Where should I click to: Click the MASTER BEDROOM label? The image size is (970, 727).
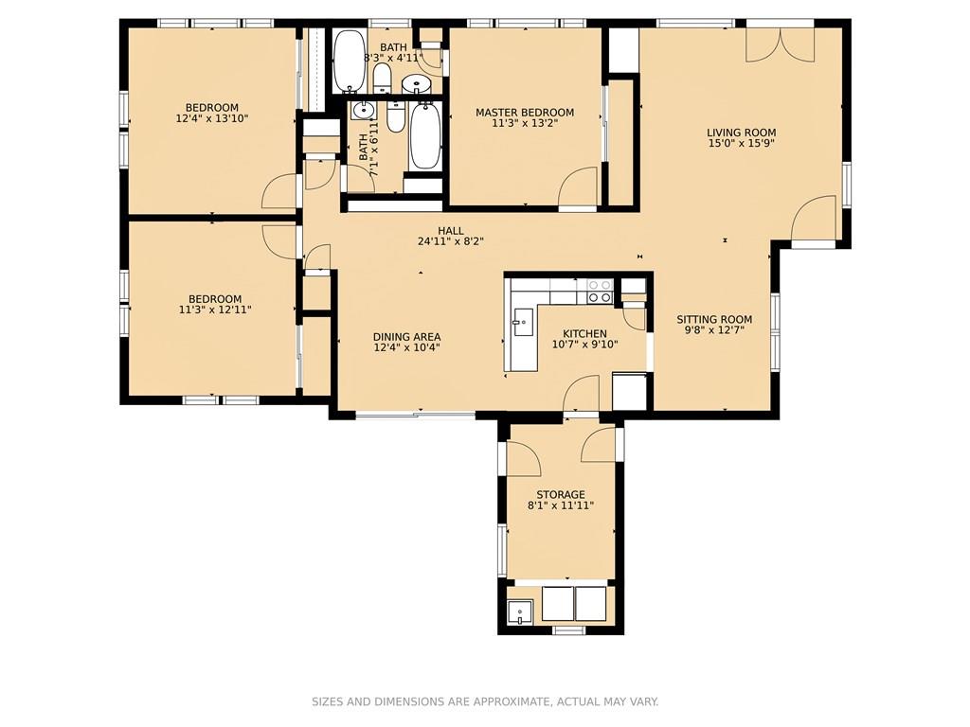pos(525,113)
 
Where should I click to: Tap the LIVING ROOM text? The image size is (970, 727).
pos(741,133)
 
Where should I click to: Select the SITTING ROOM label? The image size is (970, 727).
pos(714,320)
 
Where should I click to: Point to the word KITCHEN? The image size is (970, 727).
pos(584,334)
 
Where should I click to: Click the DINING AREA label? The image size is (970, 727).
pos(407,337)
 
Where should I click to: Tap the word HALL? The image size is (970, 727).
pos(450,231)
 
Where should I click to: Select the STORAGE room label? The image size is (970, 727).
pos(561,494)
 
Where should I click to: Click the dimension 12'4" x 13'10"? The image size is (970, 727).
pos(212,118)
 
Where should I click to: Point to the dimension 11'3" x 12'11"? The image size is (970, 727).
pos(215,310)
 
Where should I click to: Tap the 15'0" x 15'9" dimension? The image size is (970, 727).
pos(742,144)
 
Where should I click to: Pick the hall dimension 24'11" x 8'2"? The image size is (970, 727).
pos(450,241)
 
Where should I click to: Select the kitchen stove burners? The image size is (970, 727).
pos(599,292)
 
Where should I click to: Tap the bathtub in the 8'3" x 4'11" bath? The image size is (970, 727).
pos(350,62)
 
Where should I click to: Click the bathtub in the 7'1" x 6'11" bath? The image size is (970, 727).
pos(424,136)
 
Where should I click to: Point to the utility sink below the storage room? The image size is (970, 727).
pos(520,612)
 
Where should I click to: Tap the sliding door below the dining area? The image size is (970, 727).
pos(416,415)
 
